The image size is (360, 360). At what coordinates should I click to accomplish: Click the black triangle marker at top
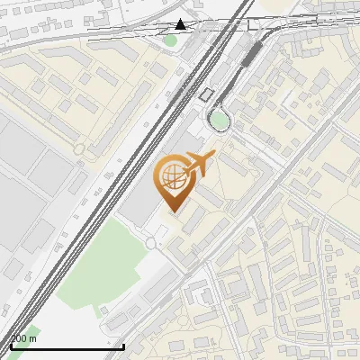182,23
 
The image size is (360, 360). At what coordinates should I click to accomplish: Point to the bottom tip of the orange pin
174,211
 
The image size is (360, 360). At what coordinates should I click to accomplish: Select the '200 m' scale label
23,338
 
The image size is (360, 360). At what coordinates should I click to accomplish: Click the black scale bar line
67,346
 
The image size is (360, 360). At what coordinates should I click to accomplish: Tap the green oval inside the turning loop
219,120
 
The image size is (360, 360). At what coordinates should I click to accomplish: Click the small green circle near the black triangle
170,40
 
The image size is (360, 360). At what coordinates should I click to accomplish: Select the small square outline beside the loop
206,94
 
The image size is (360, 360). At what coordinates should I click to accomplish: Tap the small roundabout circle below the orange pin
150,243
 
